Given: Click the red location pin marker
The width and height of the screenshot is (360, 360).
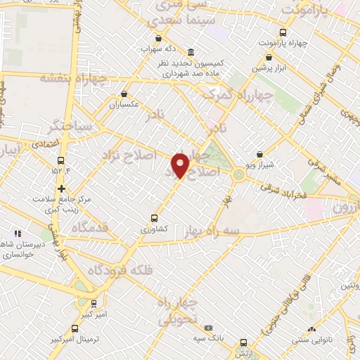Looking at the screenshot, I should click(x=180, y=165).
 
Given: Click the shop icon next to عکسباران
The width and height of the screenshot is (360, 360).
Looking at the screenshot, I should click(x=124, y=94).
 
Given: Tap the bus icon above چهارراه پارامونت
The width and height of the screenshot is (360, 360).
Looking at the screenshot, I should click(x=283, y=32).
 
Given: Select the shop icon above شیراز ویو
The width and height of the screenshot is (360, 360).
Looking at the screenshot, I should click(x=260, y=154).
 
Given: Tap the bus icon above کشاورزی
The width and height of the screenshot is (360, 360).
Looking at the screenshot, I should click(x=154, y=218).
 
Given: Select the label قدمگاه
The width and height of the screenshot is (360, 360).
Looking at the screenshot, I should click(x=89, y=228).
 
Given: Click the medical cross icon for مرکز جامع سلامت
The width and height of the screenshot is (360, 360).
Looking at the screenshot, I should click(x=62, y=188).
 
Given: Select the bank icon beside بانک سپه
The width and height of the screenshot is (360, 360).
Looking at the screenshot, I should click(x=208, y=328).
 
